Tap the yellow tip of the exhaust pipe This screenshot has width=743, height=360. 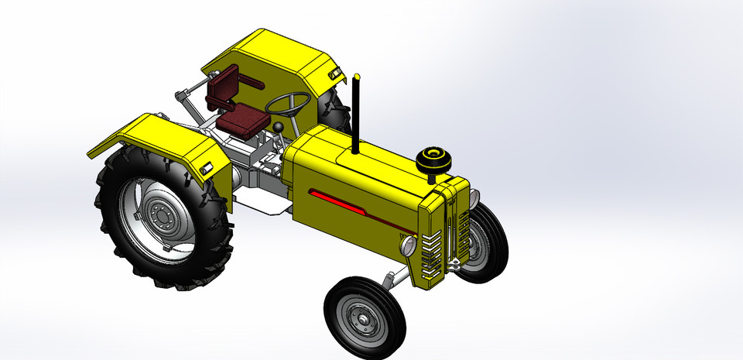[x=357, y=77]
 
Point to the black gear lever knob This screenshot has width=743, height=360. [x=276, y=127]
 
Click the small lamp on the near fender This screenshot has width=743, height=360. [x=207, y=169]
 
